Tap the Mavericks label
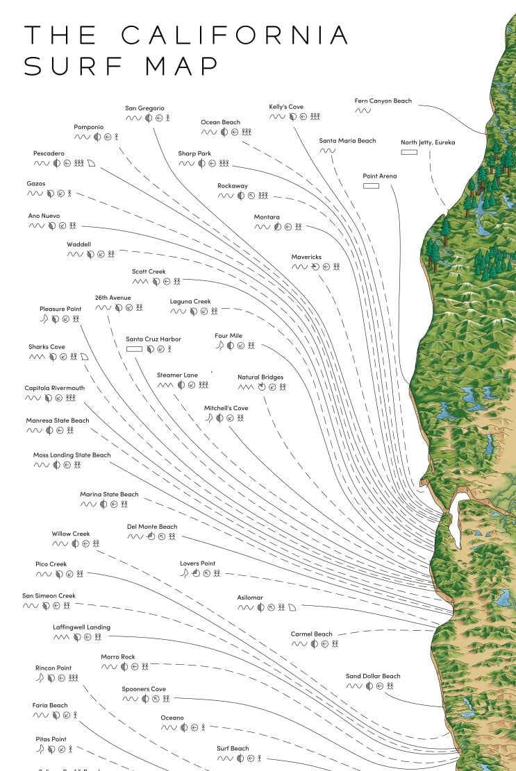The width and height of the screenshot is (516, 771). tap(306, 257)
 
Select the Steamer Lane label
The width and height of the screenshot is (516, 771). tap(177, 375)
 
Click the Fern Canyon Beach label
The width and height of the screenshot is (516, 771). tap(383, 101)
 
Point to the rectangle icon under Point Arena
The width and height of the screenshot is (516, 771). tap(371, 186)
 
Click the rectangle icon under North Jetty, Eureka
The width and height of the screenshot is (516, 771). tap(409, 152)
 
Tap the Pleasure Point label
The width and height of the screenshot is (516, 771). tap(60, 309)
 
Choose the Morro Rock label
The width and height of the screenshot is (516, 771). tap(118, 657)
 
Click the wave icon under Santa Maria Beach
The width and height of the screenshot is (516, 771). tap(327, 151)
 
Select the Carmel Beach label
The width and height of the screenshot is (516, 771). tap(311, 634)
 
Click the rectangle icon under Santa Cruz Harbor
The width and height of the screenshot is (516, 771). tap(134, 348)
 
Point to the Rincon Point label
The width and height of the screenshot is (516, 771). tap(53, 668)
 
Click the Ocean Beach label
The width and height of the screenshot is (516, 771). tap(220, 123)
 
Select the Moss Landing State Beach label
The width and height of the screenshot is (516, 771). tap(72, 456)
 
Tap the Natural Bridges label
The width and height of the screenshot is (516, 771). tap(260, 378)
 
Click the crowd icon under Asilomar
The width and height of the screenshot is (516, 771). tap(282, 607)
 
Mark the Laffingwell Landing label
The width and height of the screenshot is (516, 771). tap(81, 627)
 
